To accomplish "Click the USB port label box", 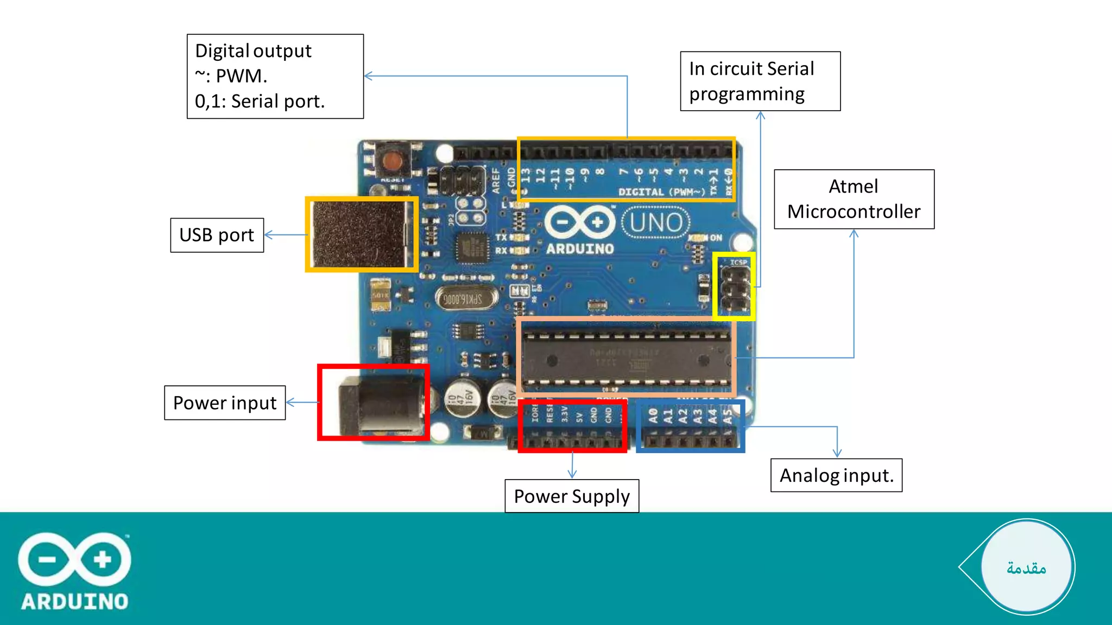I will click(x=217, y=235).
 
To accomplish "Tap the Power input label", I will click(x=225, y=403).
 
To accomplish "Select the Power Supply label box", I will click(x=571, y=496).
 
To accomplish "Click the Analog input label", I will click(x=836, y=476).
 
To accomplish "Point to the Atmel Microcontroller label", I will click(x=854, y=199).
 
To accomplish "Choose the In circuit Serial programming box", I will click(x=760, y=81).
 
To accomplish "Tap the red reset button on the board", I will click(x=392, y=161).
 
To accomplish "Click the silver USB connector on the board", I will click(x=361, y=234).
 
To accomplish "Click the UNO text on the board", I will click(x=656, y=223).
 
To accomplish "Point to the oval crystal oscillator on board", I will click(x=466, y=299).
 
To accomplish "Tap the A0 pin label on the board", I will click(x=653, y=416).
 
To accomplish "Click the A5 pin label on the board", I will click(x=728, y=416).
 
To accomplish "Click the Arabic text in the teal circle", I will click(x=1026, y=568).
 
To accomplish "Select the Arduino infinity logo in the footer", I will click(x=74, y=559).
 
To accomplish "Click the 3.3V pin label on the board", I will click(x=565, y=414).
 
